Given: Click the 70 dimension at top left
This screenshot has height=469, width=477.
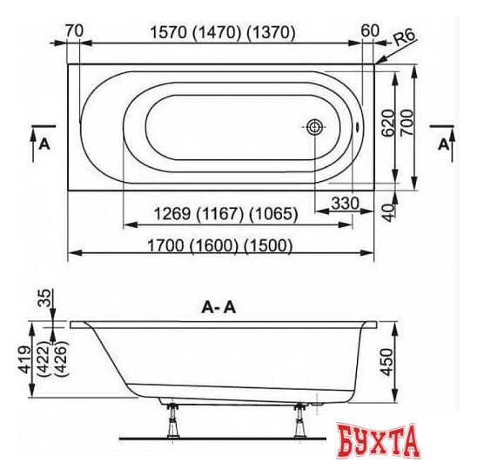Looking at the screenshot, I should click(74, 31).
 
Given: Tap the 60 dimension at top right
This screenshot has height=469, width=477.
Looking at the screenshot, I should click(369, 31).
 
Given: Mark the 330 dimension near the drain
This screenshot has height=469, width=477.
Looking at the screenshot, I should click(346, 202).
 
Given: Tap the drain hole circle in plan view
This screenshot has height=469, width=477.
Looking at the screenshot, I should click(314, 127).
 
